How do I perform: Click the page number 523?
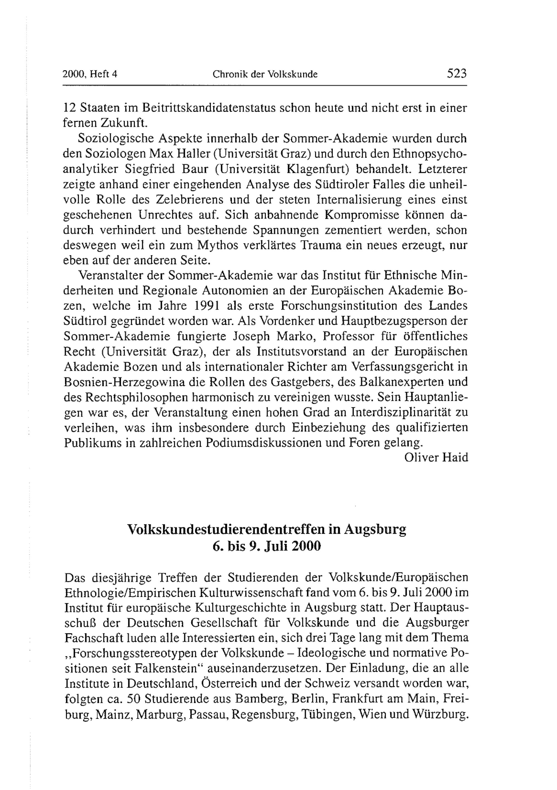(456, 73)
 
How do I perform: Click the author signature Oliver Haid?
(436, 457)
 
